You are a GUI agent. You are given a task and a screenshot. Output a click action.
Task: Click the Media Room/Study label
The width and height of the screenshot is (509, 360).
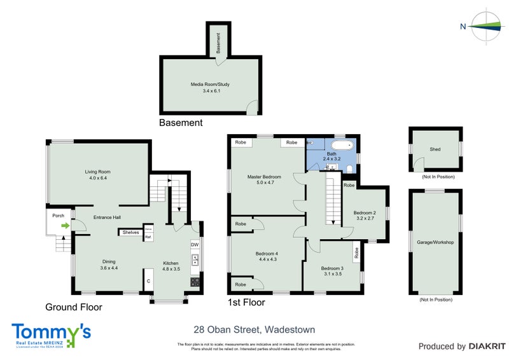[209, 84]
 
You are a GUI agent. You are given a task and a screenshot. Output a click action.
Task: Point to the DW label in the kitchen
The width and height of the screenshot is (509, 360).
[194, 244]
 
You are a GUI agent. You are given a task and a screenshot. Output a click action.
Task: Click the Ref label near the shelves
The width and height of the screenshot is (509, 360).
[148, 237]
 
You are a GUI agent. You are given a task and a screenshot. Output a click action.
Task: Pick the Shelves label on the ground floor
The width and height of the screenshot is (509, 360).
[131, 232]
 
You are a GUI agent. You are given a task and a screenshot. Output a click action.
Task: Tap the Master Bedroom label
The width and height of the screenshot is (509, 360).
[264, 176]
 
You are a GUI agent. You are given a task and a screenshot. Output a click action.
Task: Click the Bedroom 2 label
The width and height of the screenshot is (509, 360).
[365, 212]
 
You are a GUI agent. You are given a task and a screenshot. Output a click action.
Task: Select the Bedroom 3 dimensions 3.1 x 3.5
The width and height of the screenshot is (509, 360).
[331, 274]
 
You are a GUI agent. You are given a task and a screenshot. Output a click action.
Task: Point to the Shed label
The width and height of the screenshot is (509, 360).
[435, 149]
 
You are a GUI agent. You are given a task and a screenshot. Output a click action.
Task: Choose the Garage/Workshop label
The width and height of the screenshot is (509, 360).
[435, 242]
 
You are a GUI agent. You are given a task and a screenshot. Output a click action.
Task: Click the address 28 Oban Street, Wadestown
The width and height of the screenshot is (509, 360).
[254, 329]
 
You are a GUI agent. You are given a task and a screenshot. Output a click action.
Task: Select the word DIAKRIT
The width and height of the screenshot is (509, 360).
[487, 347]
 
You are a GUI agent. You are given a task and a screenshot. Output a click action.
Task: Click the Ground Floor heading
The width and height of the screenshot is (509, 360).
[74, 307]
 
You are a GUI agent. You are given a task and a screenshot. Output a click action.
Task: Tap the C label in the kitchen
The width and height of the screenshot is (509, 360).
[148, 280]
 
